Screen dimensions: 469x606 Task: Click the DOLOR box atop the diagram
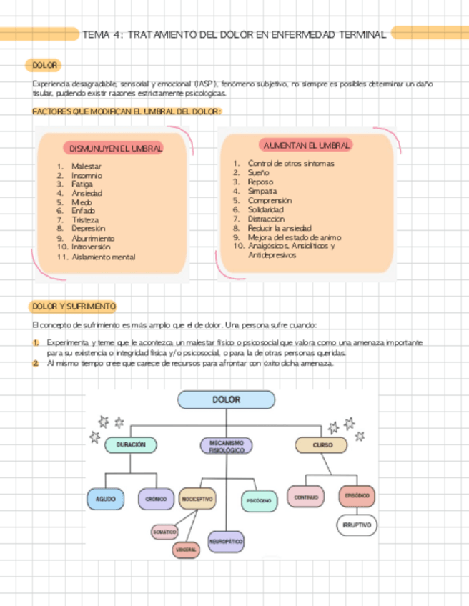pyautogui.click(x=226, y=400)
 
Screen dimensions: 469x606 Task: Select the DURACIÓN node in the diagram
pyautogui.click(x=131, y=444)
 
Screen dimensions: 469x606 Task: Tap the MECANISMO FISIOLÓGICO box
pyautogui.click(x=226, y=447)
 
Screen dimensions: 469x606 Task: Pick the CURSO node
pyautogui.click(x=322, y=444)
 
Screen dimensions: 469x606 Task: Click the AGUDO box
pyautogui.click(x=106, y=498)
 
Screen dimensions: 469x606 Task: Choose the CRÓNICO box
pyautogui.click(x=156, y=498)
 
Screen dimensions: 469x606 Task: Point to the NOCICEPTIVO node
pyautogui.click(x=198, y=498)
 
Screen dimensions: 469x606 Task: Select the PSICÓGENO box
pyautogui.click(x=259, y=501)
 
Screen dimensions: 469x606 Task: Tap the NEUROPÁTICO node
pyautogui.click(x=226, y=542)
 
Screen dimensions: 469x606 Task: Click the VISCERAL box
pyautogui.click(x=186, y=550)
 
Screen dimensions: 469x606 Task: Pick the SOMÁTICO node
pyautogui.click(x=164, y=532)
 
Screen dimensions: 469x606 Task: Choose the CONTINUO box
pyautogui.click(x=306, y=495)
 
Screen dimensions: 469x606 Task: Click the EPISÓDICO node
pyautogui.click(x=357, y=495)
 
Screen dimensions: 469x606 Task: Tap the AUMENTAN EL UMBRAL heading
pyautogui.click(x=307, y=145)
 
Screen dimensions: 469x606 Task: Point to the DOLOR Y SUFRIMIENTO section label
pyautogui.click(x=73, y=307)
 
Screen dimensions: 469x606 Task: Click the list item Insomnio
pyautogui.click(x=87, y=175)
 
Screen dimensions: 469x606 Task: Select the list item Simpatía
pyautogui.click(x=262, y=191)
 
